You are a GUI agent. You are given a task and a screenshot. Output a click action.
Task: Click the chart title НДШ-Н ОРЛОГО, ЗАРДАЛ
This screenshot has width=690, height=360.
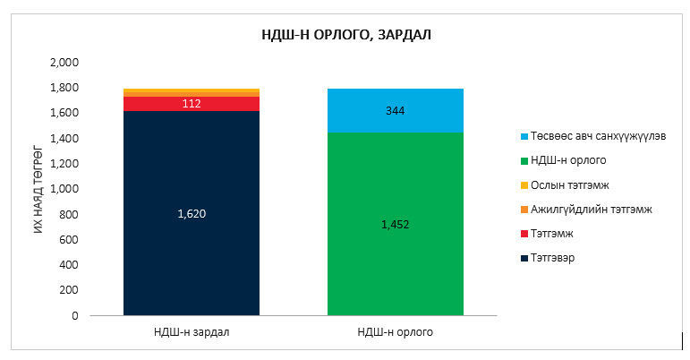click(x=346, y=35)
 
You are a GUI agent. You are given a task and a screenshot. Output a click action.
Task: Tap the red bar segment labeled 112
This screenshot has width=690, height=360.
click(x=192, y=104)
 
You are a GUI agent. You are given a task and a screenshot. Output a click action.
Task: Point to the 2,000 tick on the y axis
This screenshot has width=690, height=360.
click(x=64, y=63)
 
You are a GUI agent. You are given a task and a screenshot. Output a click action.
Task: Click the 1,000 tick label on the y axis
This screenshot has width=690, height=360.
click(x=64, y=189)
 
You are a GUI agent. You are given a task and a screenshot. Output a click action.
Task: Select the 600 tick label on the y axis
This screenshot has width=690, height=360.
click(x=69, y=240)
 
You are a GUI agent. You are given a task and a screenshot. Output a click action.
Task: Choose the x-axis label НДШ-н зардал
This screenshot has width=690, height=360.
click(x=192, y=332)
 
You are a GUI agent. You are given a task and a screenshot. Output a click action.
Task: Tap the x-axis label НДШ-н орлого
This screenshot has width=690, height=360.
click(x=395, y=332)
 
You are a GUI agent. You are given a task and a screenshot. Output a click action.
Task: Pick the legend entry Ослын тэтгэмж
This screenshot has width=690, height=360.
click(x=561, y=184)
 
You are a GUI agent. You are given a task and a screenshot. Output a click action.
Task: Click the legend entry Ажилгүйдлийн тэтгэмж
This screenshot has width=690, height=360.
click(x=581, y=209)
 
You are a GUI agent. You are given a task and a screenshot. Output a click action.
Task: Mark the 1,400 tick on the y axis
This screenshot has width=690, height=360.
click(x=64, y=139)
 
